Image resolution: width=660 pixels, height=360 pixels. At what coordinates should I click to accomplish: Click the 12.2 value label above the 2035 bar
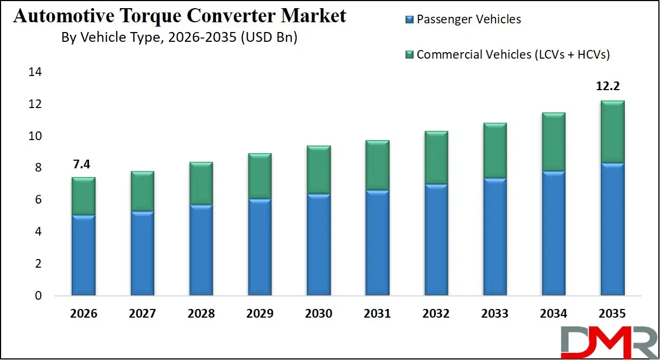tap(612, 87)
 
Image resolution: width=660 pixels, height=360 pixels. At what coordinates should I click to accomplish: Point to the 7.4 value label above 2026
tap(82, 165)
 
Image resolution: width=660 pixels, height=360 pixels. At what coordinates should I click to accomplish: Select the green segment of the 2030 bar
tap(319, 169)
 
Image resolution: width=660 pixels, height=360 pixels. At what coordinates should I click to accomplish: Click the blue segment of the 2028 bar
tap(201, 250)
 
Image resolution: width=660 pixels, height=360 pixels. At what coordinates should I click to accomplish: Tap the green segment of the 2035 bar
tap(612, 131)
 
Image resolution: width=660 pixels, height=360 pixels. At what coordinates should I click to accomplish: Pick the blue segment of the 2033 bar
tap(495, 236)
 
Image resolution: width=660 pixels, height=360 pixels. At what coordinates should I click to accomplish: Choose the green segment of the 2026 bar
tap(84, 195)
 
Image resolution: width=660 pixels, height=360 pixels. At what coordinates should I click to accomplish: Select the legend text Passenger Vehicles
tap(468, 20)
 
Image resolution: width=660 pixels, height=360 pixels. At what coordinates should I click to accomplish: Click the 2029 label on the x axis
tap(259, 314)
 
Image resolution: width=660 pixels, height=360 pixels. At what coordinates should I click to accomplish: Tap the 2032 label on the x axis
tap(436, 314)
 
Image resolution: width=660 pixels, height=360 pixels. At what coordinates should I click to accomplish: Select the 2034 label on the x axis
tap(554, 314)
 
